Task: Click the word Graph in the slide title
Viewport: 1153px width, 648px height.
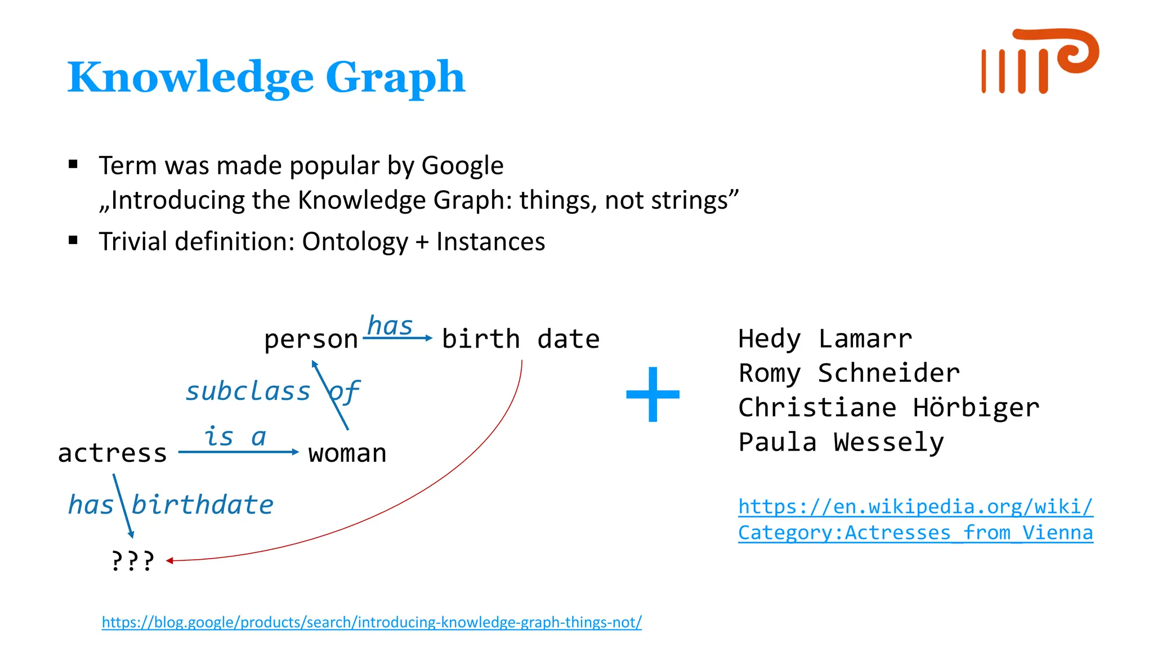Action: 395,78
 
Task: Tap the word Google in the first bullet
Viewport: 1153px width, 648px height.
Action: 462,166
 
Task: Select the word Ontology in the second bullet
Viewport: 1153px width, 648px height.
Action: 355,242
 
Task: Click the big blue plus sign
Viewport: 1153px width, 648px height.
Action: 653,394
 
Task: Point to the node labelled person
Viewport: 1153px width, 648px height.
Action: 311,340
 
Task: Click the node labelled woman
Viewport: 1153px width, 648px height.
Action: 347,453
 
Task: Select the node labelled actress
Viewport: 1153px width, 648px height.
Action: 113,453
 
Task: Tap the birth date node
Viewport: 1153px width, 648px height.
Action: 521,339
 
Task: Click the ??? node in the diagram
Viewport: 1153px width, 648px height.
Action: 132,561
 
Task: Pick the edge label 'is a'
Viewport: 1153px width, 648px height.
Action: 234,437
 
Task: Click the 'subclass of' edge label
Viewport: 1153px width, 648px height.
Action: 272,391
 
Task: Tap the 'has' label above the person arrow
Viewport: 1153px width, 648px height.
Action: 390,326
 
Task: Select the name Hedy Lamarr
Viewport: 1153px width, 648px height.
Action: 825,339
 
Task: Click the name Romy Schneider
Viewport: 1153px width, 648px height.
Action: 849,373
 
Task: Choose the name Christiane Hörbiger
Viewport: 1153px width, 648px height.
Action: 888,408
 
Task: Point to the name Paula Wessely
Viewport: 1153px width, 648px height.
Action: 841,442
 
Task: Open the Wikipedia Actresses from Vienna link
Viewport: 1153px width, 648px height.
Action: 915,520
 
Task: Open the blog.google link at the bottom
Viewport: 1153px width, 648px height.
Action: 372,622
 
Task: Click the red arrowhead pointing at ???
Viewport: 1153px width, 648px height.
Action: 169,560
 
